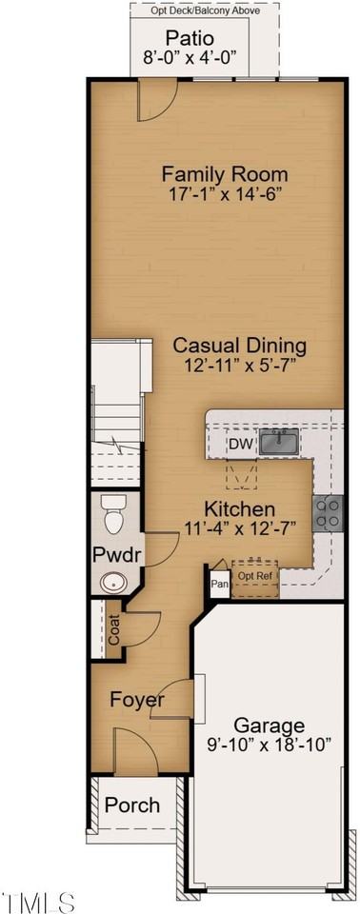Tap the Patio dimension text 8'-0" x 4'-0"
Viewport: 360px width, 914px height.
click(203, 58)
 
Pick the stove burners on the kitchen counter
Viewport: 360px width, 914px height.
click(329, 513)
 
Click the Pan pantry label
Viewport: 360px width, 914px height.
click(219, 584)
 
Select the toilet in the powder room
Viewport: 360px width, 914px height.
click(113, 515)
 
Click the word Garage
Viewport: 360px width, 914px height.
click(271, 725)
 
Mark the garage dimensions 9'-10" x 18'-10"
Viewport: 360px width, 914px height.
click(271, 745)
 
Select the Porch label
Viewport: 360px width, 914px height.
click(132, 805)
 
